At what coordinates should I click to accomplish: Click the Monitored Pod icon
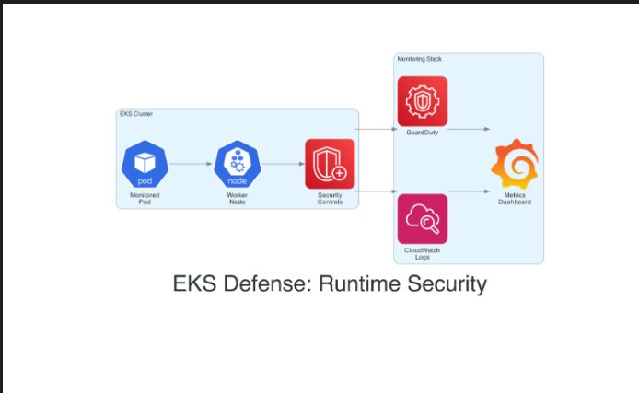point(145,164)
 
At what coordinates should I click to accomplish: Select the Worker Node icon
point(238,164)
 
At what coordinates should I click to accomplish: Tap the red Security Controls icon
point(330,163)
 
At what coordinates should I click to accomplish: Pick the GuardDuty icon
point(422,101)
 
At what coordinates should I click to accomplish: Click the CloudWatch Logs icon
point(422,218)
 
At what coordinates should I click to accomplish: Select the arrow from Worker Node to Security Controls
point(284,164)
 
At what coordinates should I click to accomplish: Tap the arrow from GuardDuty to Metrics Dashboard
point(469,130)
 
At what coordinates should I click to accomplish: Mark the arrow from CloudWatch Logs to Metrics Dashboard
point(469,191)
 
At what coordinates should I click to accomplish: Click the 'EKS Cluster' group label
point(136,114)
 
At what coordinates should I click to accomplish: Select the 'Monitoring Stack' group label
point(419,59)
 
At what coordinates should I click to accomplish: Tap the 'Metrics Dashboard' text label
point(514,198)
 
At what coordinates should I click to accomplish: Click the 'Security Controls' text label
point(330,199)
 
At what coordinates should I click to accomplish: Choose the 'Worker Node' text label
point(238,199)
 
